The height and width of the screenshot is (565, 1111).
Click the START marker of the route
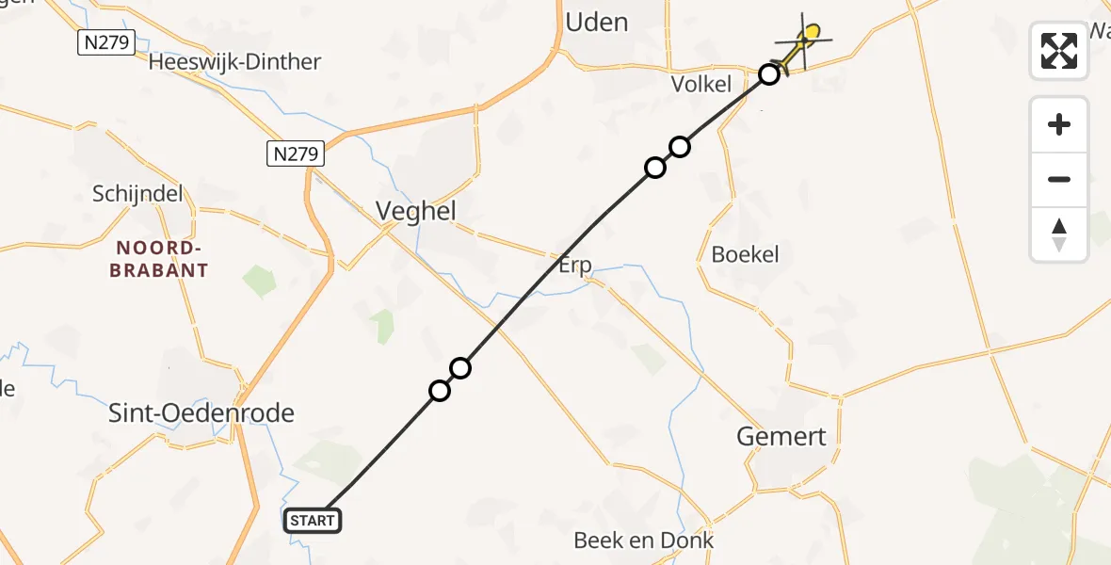313,521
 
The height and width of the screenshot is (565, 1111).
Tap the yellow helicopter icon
803,41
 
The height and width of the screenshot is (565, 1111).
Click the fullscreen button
1059,51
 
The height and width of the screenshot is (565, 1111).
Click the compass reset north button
1059,234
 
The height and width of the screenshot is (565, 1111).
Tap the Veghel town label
415,211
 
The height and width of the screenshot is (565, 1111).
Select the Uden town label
597,22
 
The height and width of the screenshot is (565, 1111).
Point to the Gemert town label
782,436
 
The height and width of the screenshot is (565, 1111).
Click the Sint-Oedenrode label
201,412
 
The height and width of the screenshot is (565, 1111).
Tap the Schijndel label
137,194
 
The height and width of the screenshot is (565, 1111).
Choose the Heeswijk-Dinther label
235,62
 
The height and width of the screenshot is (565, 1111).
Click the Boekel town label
745,254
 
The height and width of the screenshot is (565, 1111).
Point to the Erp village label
574,266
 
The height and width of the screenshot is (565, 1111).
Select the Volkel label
700,84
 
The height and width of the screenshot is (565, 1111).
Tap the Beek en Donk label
644,541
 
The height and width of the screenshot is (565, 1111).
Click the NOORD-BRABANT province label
158,259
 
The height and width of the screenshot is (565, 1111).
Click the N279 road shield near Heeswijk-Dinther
106,41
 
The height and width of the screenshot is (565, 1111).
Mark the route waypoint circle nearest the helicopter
769,73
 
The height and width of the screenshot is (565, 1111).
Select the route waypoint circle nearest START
440,390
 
